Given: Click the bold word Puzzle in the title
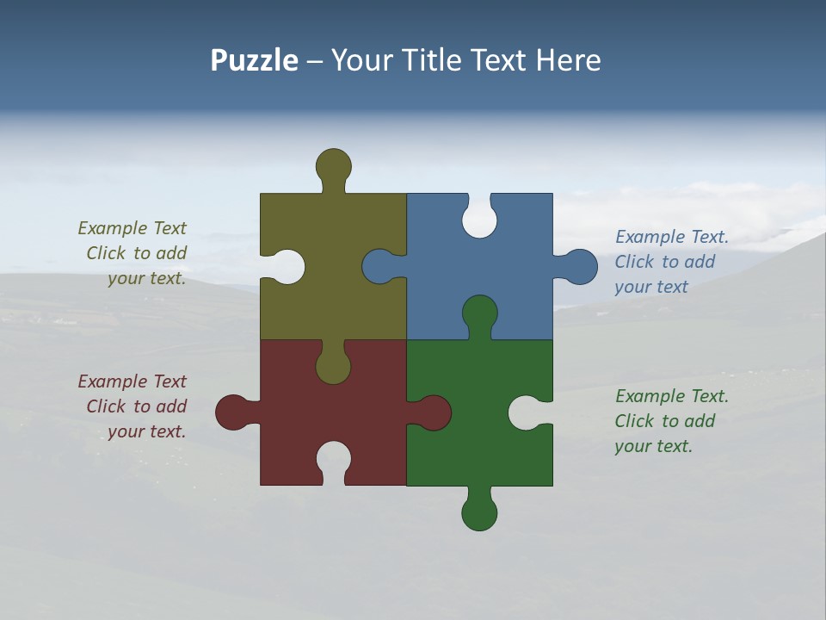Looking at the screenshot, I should point(254,61).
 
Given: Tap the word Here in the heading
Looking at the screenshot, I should point(568,61).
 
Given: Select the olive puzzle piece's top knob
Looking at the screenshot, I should point(334,165).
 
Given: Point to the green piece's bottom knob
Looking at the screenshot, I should point(479,513).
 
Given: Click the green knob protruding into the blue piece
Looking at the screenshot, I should point(479,313).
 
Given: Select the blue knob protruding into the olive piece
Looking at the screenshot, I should point(379,267).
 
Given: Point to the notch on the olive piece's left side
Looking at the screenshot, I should point(287,267).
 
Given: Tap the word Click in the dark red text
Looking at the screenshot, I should point(106,406).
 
